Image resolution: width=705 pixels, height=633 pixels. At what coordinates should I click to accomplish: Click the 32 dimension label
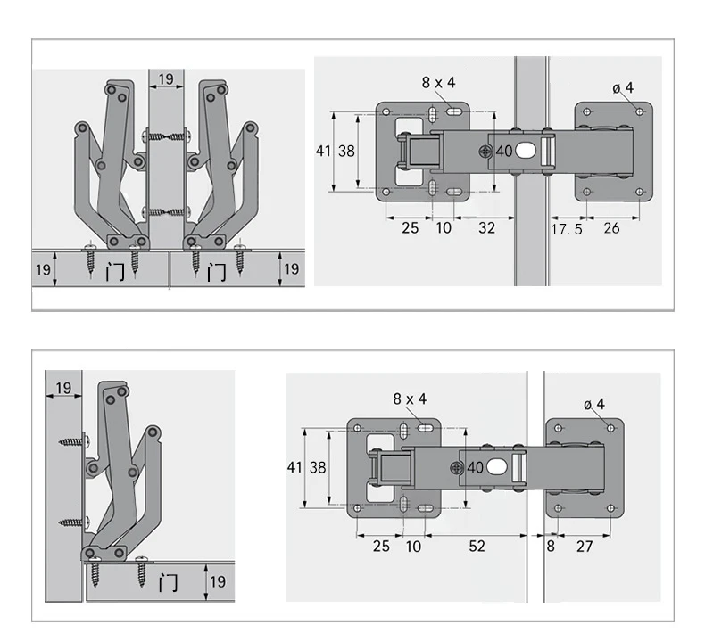click(x=486, y=228)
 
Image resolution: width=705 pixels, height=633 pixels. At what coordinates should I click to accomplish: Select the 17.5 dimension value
click(x=567, y=229)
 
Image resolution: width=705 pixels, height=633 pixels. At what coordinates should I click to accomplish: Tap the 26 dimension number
click(x=612, y=228)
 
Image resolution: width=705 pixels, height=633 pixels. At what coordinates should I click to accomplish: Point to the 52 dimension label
click(x=477, y=546)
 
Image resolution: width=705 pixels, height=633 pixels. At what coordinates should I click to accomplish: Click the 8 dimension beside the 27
click(x=551, y=546)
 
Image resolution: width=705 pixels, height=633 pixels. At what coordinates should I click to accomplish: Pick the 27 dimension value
click(x=584, y=546)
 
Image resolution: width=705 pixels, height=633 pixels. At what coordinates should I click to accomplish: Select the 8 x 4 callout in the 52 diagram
click(x=411, y=399)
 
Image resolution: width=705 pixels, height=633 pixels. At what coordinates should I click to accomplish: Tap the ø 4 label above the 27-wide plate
click(x=594, y=404)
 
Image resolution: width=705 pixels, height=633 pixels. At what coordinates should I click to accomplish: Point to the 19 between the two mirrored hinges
click(x=166, y=79)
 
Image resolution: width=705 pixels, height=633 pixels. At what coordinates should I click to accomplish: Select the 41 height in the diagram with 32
click(x=323, y=151)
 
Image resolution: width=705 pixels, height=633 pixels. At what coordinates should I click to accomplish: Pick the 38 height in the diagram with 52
click(x=318, y=467)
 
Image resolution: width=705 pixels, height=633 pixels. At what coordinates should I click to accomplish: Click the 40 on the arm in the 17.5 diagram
click(x=503, y=152)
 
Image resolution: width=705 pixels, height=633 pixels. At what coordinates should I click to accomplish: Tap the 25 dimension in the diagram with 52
click(x=381, y=546)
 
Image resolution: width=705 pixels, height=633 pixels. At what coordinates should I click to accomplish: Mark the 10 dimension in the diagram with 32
click(x=444, y=228)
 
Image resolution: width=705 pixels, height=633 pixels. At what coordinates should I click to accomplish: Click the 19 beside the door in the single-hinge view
click(x=217, y=582)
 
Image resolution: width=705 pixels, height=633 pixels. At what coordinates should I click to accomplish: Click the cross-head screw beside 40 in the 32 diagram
click(x=485, y=152)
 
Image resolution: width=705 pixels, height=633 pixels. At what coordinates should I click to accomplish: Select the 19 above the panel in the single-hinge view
click(x=63, y=387)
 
